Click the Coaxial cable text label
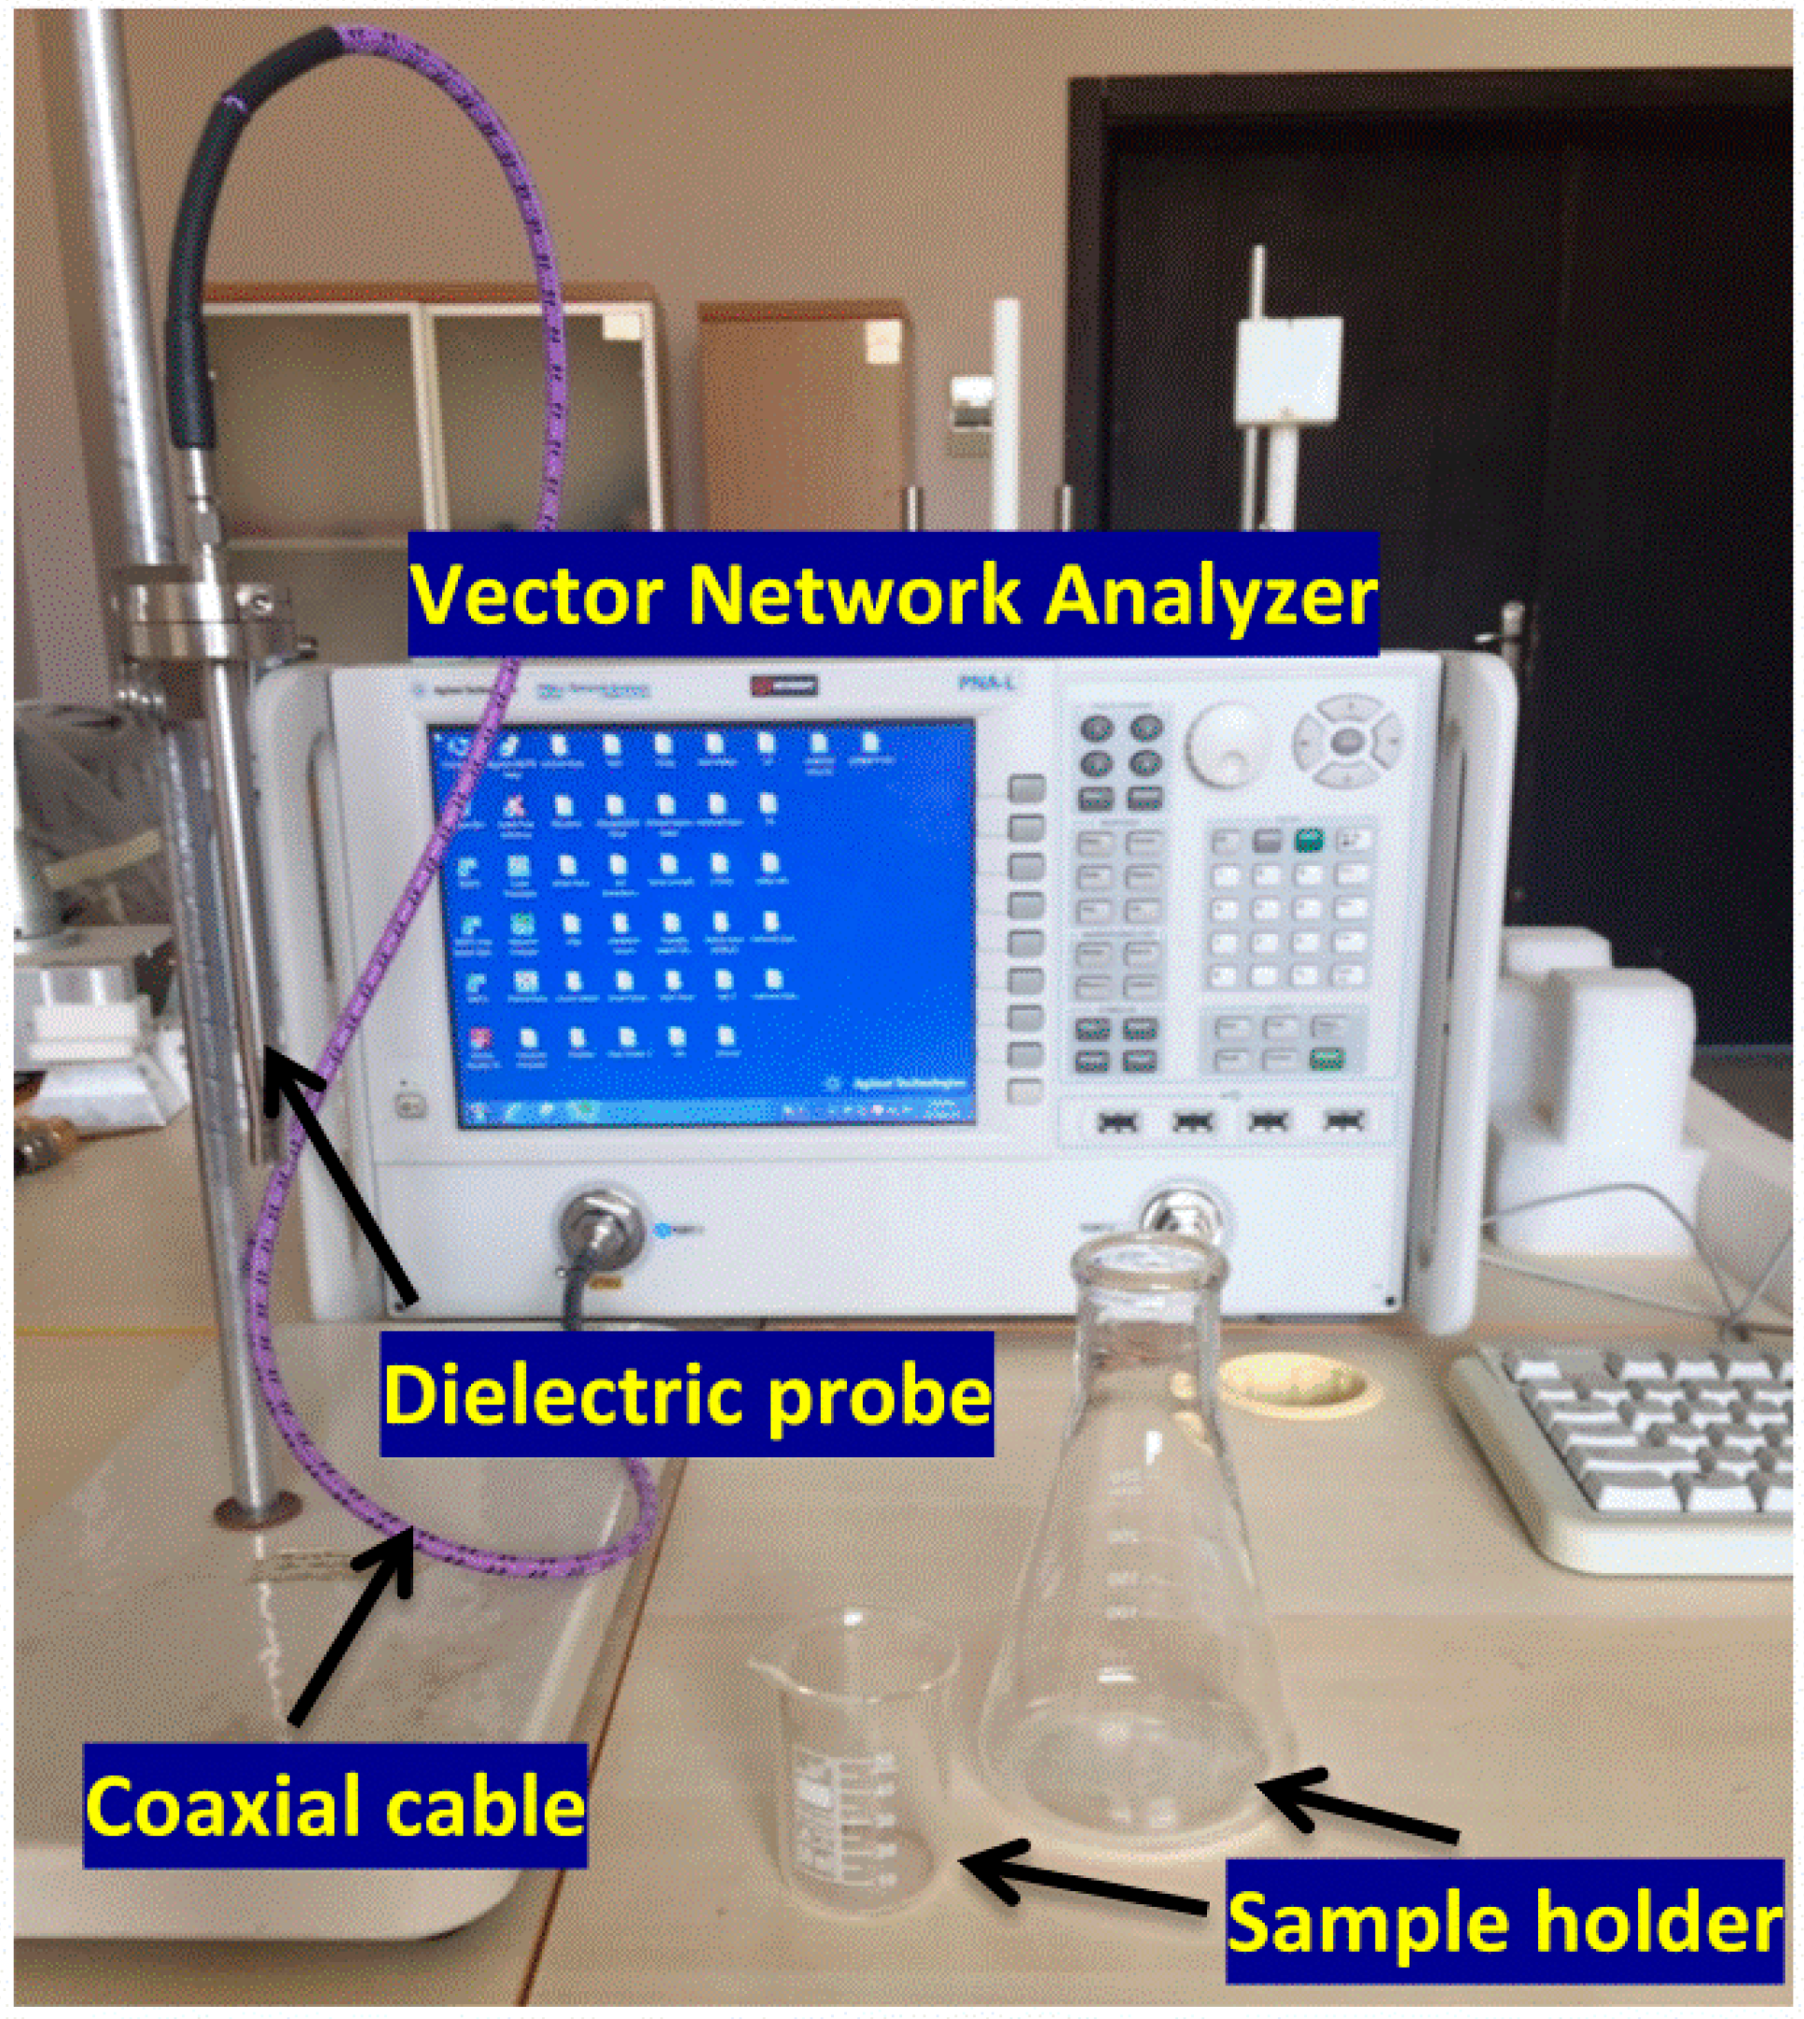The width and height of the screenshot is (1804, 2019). (x=335, y=1806)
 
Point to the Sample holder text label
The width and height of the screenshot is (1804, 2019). (x=1505, y=1923)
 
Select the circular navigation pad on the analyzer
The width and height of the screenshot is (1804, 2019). (x=1346, y=740)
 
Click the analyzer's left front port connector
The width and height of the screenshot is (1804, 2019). (x=600, y=1229)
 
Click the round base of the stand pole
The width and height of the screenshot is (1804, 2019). (x=256, y=1511)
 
